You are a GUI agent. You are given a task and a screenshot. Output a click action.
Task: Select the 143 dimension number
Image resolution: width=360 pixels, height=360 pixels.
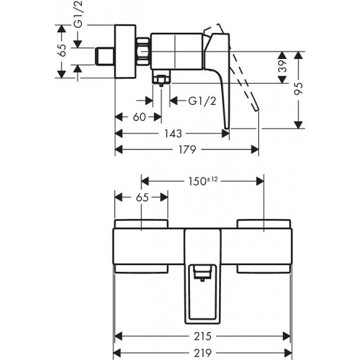[173, 133]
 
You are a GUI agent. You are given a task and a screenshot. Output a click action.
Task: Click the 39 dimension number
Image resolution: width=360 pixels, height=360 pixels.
[281, 67]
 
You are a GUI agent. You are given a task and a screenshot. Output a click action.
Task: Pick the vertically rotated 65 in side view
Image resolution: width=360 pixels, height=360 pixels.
[61, 52]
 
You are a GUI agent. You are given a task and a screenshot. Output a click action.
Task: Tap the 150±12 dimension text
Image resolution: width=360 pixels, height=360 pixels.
[202, 181]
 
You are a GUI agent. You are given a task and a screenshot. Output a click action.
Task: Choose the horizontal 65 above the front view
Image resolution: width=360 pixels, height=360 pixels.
[142, 199]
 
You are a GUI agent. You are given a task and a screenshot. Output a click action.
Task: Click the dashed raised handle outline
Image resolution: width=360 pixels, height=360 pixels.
[245, 81]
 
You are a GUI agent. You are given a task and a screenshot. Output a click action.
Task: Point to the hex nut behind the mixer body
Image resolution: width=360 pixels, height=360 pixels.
[145, 52]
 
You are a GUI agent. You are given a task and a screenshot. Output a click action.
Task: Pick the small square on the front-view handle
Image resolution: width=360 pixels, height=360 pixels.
[202, 273]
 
